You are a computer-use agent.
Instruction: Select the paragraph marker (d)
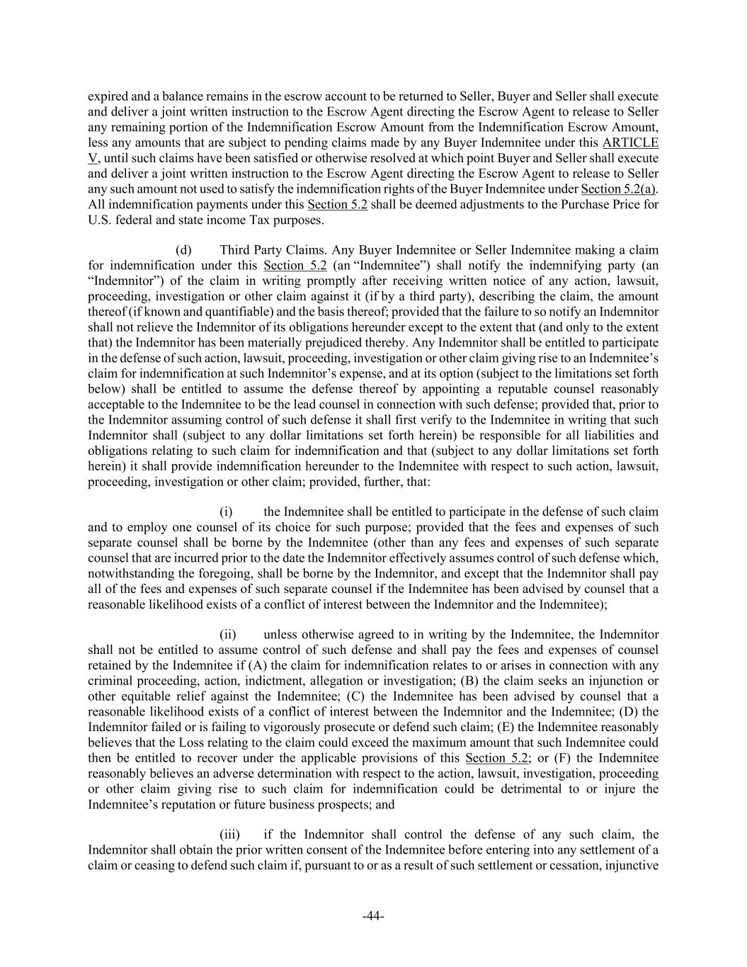coord(183,250)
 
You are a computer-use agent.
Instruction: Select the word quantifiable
coord(233,312)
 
